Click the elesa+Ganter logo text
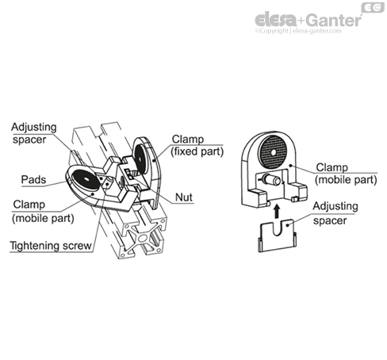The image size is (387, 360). pos(308,20)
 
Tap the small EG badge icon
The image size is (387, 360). pos(373,7)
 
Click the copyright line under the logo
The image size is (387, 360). pos(298,31)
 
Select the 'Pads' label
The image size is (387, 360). pos(33,180)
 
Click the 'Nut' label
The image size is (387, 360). pos(184,197)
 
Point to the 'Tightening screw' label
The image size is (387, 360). pos(51,246)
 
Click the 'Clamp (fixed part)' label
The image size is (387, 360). pos(197,145)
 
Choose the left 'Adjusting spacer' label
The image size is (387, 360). pos(34,133)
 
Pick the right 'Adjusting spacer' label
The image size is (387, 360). pos(335,213)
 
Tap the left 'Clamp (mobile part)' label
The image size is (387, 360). pos(43,212)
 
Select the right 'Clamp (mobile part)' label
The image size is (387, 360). pos(346,174)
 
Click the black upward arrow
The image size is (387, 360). pos(277,212)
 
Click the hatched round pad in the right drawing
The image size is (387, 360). pos(273,152)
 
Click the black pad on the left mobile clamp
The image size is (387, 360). pos(86,179)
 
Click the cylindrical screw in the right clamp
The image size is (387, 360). pos(271,180)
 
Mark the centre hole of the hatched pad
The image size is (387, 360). pos(273,152)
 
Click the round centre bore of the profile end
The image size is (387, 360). pos(144,237)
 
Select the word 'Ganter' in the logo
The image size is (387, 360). pos(335,20)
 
